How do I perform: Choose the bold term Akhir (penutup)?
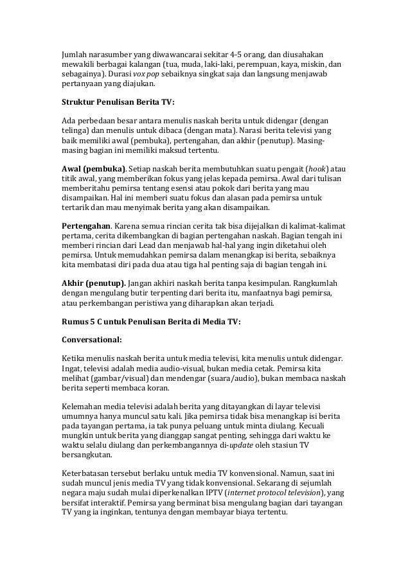pyautogui.click(x=93, y=283)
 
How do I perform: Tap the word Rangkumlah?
pyautogui.click(x=317, y=283)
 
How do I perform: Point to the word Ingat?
pyautogui.click(x=71, y=368)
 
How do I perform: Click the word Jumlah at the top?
pyautogui.click(x=73, y=51)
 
